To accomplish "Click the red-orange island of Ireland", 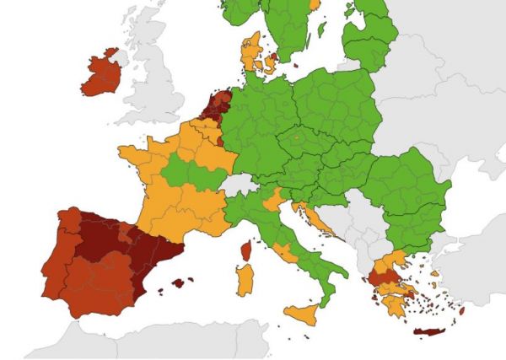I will tap(100, 74).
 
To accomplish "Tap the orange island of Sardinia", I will tap(245, 278).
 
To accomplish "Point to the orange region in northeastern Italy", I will tap(273, 200).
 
